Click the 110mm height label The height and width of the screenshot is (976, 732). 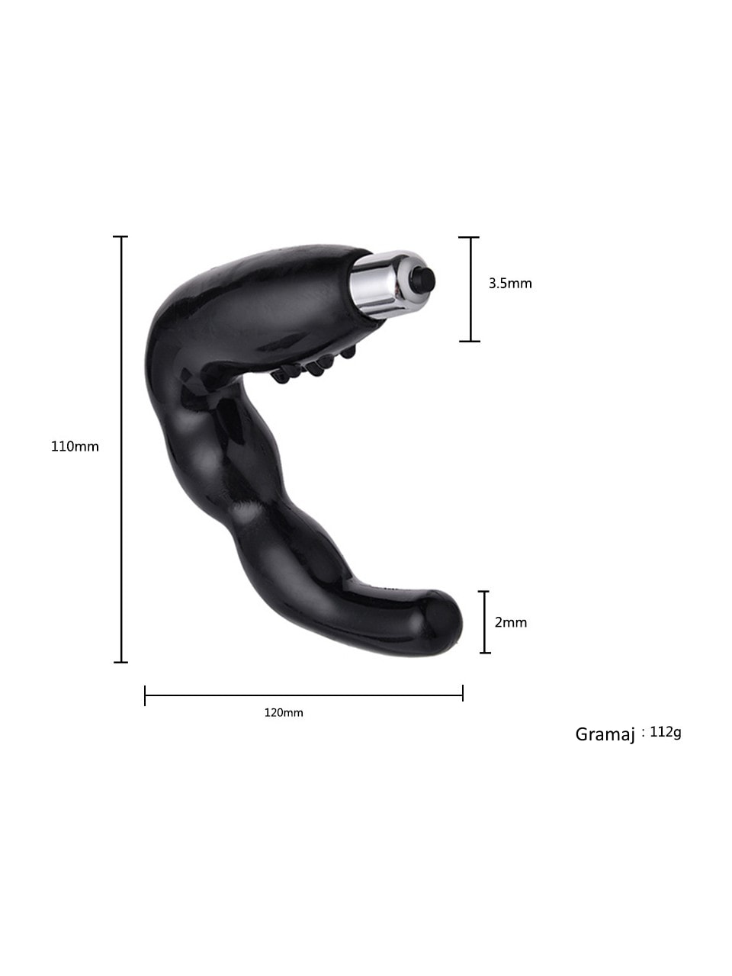(x=75, y=447)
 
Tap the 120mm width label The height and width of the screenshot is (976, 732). (x=284, y=713)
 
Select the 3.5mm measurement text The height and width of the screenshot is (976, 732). (x=510, y=284)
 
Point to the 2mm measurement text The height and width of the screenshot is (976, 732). (x=511, y=622)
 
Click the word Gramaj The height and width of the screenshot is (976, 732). (x=605, y=734)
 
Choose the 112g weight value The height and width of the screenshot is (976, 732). (x=666, y=732)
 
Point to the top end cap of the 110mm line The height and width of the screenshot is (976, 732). (x=120, y=237)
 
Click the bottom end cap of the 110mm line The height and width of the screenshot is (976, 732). (x=120, y=662)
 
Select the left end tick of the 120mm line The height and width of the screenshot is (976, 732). (x=145, y=695)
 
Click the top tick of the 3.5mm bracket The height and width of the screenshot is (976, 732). (x=470, y=237)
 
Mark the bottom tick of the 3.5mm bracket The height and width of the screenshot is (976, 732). (x=470, y=341)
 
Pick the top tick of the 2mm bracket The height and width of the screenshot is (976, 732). (x=484, y=591)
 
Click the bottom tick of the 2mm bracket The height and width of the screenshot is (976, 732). (x=484, y=653)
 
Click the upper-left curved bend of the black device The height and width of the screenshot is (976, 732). (x=172, y=313)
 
